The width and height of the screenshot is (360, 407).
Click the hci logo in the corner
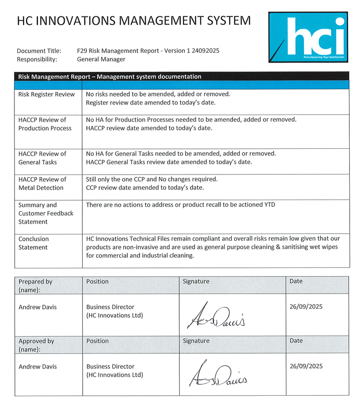click(x=307, y=37)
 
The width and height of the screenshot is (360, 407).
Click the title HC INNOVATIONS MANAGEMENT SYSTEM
click(x=134, y=21)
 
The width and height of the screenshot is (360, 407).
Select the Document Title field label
click(x=39, y=51)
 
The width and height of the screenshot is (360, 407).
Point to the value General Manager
click(x=101, y=59)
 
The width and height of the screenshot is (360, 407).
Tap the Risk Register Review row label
click(x=46, y=94)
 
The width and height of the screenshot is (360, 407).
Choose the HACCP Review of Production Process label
click(x=45, y=124)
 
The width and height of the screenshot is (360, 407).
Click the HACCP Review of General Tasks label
click(x=42, y=158)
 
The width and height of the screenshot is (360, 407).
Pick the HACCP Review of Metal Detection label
click(x=42, y=183)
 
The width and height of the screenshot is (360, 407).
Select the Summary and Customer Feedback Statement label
click(x=46, y=213)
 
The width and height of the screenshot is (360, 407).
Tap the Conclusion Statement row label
click(x=34, y=243)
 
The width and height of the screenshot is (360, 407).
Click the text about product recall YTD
click(x=180, y=205)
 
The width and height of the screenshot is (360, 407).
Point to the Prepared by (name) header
click(x=35, y=285)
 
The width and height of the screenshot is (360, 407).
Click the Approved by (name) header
click(x=36, y=344)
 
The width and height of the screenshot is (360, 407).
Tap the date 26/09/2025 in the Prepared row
click(x=306, y=307)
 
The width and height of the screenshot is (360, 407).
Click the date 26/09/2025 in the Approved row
click(x=306, y=366)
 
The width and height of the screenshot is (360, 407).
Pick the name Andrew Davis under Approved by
click(x=38, y=366)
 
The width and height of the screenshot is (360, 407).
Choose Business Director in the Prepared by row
click(x=110, y=307)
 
